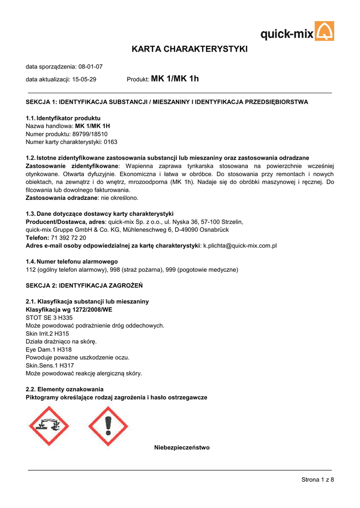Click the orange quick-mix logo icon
click(x=325, y=31)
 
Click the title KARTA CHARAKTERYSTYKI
click(x=189, y=49)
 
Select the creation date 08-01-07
click(x=90, y=66)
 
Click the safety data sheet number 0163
click(x=110, y=142)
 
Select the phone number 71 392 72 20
click(x=69, y=238)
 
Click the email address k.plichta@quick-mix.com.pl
click(x=240, y=246)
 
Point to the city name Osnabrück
click(x=227, y=230)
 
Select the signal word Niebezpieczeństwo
click(x=182, y=447)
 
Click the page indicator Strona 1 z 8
click(x=317, y=479)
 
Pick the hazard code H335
click(x=65, y=317)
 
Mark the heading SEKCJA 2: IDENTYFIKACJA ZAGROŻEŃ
click(x=84, y=286)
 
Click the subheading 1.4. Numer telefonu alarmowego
click(x=72, y=261)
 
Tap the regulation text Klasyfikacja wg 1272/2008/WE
click(x=69, y=310)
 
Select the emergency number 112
click(x=30, y=269)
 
